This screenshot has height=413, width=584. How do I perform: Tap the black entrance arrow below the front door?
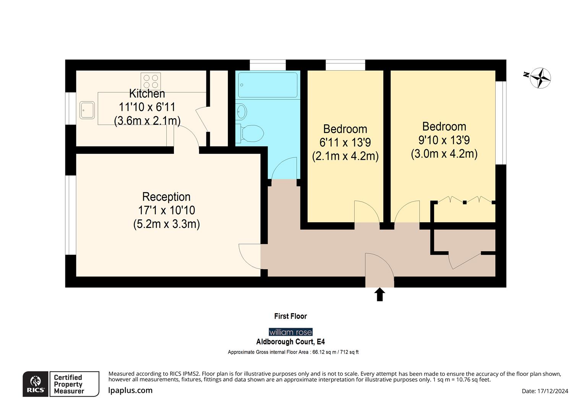(x=380, y=294)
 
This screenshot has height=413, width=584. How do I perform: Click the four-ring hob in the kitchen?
(x=151, y=81)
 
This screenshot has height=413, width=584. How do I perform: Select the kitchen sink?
(x=87, y=110)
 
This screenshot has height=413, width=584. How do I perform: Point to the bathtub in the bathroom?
(x=268, y=85)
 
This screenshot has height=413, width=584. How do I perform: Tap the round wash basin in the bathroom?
(x=242, y=112)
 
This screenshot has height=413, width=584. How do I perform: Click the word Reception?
(x=166, y=197)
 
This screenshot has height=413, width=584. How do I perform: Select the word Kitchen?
(x=147, y=93)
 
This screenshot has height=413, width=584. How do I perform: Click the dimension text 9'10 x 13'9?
(x=444, y=140)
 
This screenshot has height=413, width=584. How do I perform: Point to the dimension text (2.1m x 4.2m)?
(x=345, y=156)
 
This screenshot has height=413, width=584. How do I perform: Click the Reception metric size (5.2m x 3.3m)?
(x=166, y=224)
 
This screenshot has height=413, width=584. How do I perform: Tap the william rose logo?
(x=290, y=332)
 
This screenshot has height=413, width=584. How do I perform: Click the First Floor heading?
(x=290, y=316)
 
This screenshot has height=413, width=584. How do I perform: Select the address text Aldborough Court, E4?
(x=290, y=341)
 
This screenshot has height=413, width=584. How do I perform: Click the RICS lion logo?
(x=36, y=384)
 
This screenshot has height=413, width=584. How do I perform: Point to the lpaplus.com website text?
(x=130, y=390)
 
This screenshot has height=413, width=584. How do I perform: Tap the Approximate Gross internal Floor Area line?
(x=293, y=352)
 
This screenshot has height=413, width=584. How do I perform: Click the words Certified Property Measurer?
(x=69, y=384)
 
